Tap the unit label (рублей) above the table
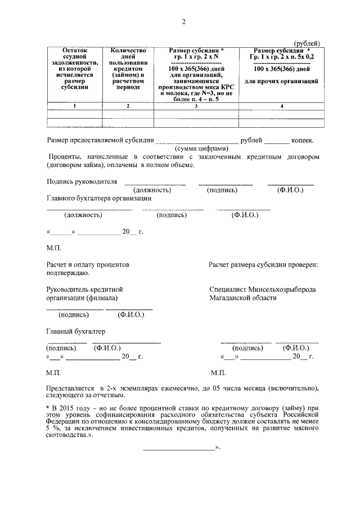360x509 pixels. [307, 44]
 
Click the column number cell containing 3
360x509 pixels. [196, 106]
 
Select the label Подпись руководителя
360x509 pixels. [82, 182]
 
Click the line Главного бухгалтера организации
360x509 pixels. [99, 198]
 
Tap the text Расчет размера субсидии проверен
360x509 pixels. [263, 264]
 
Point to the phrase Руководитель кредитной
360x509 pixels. [84, 290]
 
